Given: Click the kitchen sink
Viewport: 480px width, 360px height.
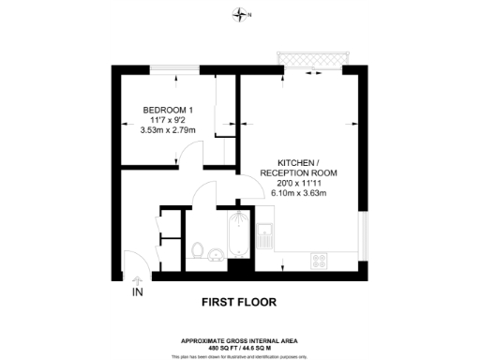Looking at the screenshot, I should pos(265,235).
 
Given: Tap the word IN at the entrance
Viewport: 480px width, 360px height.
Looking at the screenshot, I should pos(137,291).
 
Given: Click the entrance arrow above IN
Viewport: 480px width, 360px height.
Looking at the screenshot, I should pos(137,278).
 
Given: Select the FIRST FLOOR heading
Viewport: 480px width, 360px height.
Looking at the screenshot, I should pos(239,302).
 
